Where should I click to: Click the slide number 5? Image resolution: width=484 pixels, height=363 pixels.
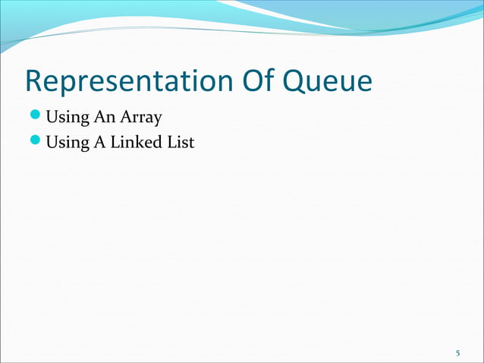coord(457,353)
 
